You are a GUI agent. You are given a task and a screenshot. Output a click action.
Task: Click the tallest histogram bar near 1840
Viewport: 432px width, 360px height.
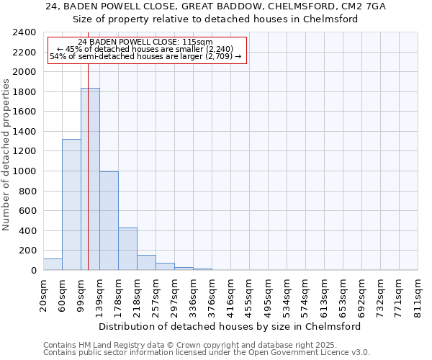[x=90, y=180]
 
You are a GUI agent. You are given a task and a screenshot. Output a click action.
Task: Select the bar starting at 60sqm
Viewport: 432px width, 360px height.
[x=71, y=205]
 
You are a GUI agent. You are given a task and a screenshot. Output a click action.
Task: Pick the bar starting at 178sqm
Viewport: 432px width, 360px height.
[x=127, y=249]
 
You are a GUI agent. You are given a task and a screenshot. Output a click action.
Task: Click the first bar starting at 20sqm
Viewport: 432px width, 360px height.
[x=53, y=264]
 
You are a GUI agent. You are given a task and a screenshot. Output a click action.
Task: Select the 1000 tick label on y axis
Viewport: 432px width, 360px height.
[x=24, y=171]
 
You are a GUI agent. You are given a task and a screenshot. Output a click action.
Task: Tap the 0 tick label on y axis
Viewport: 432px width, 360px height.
[x=33, y=271]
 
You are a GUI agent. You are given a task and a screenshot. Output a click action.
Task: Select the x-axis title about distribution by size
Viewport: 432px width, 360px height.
[x=230, y=326]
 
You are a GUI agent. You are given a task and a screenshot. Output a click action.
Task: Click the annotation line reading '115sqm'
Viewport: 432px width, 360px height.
[x=146, y=42]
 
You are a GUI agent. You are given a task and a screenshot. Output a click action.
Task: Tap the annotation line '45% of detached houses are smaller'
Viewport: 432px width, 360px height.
[x=147, y=49]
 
